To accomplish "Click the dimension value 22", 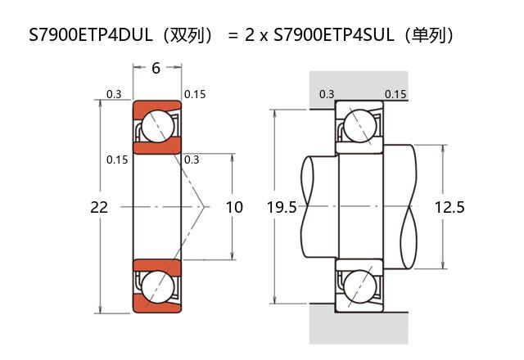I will pos(99,208).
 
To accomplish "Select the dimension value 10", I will pos(234,208).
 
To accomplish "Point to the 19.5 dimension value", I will pos(282,208).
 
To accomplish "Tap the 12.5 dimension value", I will pos(449,208).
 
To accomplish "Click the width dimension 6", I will pos(156,68).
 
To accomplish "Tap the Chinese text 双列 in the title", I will pos(189,35).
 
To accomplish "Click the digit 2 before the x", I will pos(250,35).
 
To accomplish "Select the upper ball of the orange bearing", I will pos(156,126).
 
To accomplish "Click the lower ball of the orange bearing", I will pos(156,287).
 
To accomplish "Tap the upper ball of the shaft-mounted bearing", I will pos(359,126).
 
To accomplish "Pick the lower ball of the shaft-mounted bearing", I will pos(359,288).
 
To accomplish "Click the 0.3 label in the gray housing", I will pos(326,94).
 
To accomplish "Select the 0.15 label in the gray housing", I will pos(395,94).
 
